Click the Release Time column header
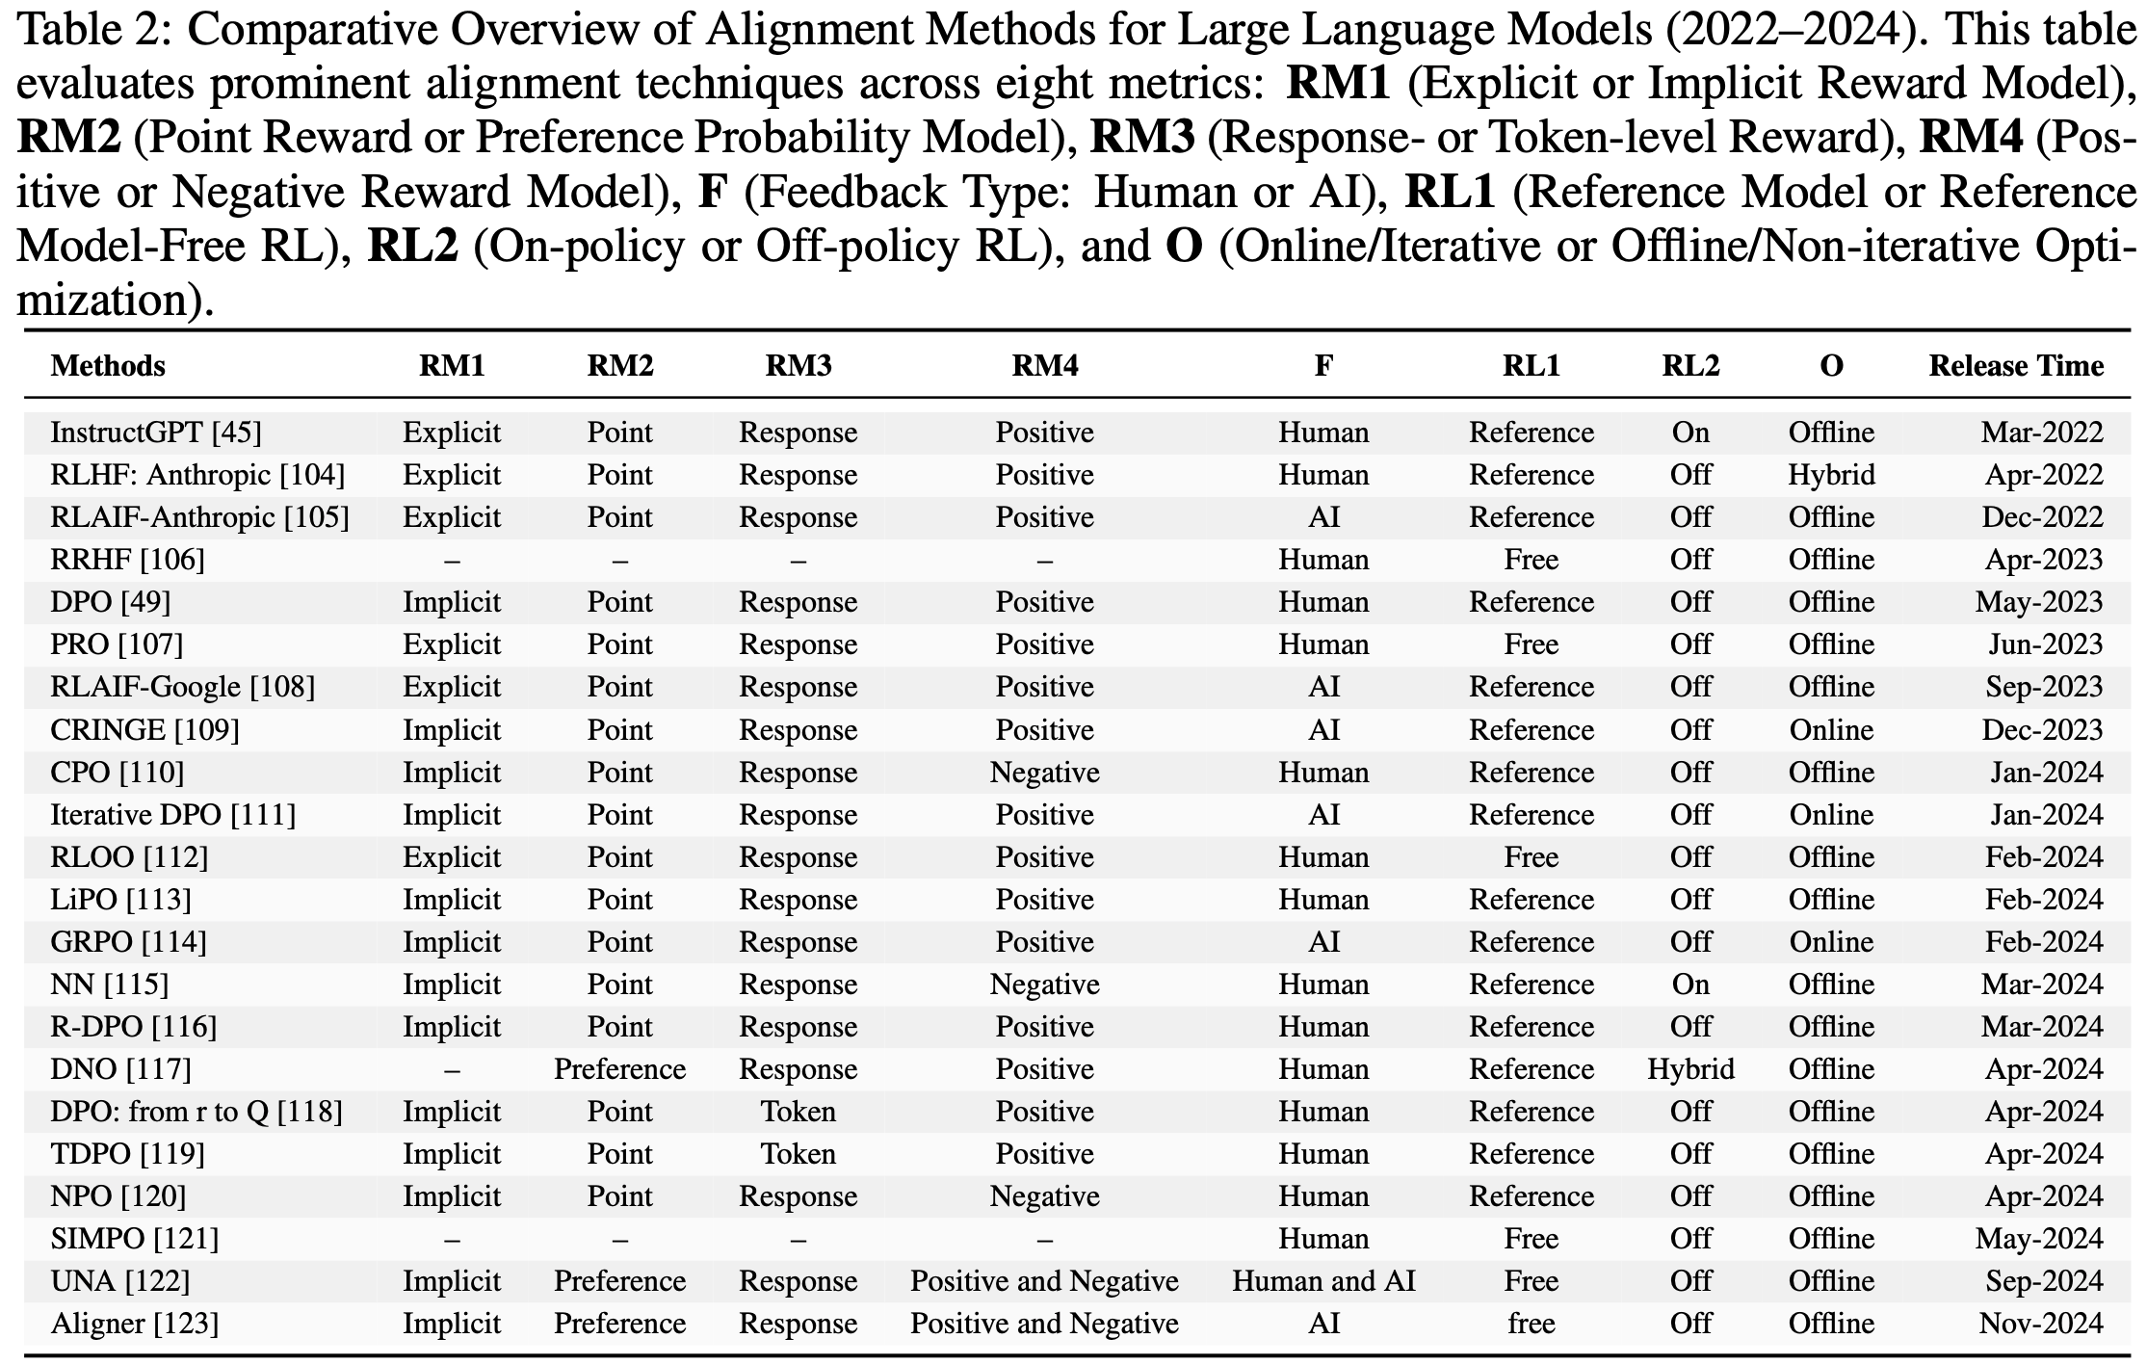point(2015,366)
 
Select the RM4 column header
point(1044,366)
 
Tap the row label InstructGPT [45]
point(156,433)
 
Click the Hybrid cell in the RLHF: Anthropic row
point(1831,475)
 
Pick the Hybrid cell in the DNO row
point(1690,1069)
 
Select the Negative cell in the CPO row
point(1044,773)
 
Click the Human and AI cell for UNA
point(1323,1281)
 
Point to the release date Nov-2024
point(2040,1324)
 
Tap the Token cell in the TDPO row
point(798,1154)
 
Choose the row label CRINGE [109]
point(144,730)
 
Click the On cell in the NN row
point(1690,984)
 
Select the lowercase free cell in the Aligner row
point(1531,1324)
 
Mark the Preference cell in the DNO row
point(619,1069)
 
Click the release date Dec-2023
point(2041,730)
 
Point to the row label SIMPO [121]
point(134,1239)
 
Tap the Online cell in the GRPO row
point(1831,942)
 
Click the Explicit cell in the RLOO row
point(452,857)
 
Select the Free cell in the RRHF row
point(1531,560)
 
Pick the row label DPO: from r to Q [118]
point(196,1112)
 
